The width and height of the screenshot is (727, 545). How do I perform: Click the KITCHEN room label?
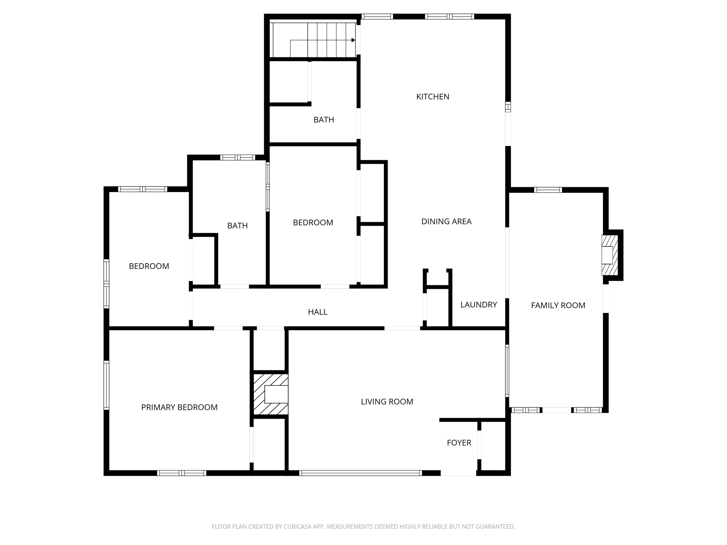tap(433, 97)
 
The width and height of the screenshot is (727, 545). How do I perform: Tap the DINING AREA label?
tap(446, 221)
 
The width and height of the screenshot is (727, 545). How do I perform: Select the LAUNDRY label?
tap(479, 304)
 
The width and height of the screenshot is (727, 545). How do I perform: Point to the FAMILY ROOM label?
tap(558, 305)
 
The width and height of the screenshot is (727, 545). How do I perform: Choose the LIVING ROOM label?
tap(387, 401)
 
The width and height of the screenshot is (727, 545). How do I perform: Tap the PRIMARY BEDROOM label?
tap(179, 407)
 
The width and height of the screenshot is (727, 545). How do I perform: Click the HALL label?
tap(317, 312)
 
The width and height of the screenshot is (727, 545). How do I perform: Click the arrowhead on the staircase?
tap(353, 40)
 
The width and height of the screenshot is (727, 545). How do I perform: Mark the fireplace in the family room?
tap(610, 255)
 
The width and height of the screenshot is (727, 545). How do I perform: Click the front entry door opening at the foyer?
tap(458, 473)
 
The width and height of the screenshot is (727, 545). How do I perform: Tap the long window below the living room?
tap(361, 473)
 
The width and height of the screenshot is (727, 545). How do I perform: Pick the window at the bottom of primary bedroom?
tap(182, 473)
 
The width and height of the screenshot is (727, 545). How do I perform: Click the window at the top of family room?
tap(548, 190)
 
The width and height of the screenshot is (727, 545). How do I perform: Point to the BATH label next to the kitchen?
tap(324, 120)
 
